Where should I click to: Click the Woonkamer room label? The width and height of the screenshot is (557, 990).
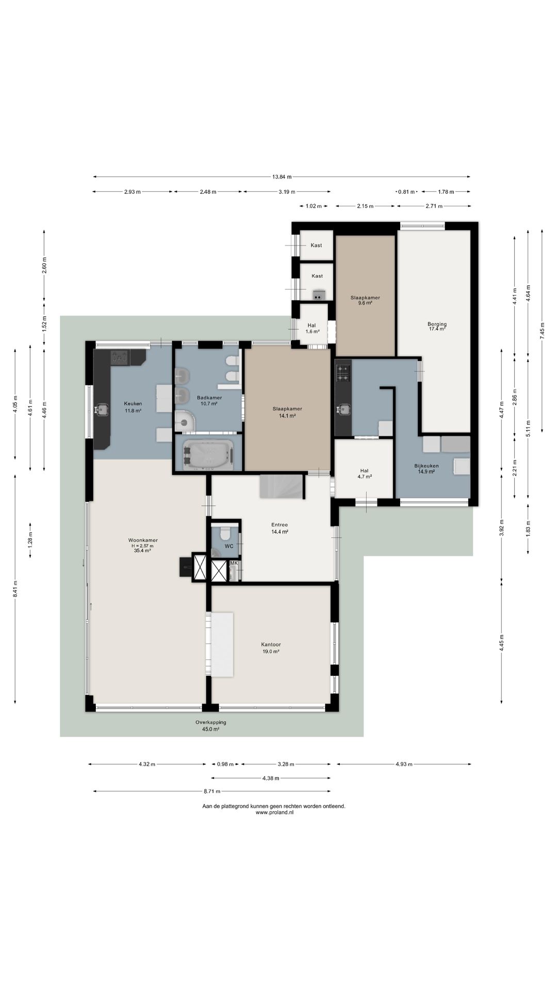click(x=143, y=540)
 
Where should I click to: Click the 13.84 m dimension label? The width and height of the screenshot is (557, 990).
click(x=282, y=177)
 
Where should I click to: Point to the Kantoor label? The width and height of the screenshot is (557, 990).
click(x=271, y=645)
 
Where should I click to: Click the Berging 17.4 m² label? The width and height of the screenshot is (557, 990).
click(x=437, y=326)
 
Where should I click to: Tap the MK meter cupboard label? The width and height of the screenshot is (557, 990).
click(x=234, y=563)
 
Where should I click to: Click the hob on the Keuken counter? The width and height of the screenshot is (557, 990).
click(x=120, y=357)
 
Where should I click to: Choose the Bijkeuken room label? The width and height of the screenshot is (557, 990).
click(x=427, y=466)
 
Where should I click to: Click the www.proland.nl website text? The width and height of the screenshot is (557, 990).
click(x=274, y=813)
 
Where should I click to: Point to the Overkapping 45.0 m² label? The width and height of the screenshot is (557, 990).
click(x=210, y=725)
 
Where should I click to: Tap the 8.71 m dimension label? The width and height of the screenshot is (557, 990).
click(x=211, y=791)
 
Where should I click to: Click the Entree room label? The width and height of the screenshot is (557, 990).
click(x=280, y=525)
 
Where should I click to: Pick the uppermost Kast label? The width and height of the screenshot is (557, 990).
click(x=316, y=245)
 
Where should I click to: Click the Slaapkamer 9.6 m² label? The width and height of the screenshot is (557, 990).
click(x=365, y=301)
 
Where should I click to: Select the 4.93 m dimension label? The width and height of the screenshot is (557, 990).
click(x=403, y=764)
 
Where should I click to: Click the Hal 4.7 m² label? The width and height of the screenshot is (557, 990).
click(x=364, y=473)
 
